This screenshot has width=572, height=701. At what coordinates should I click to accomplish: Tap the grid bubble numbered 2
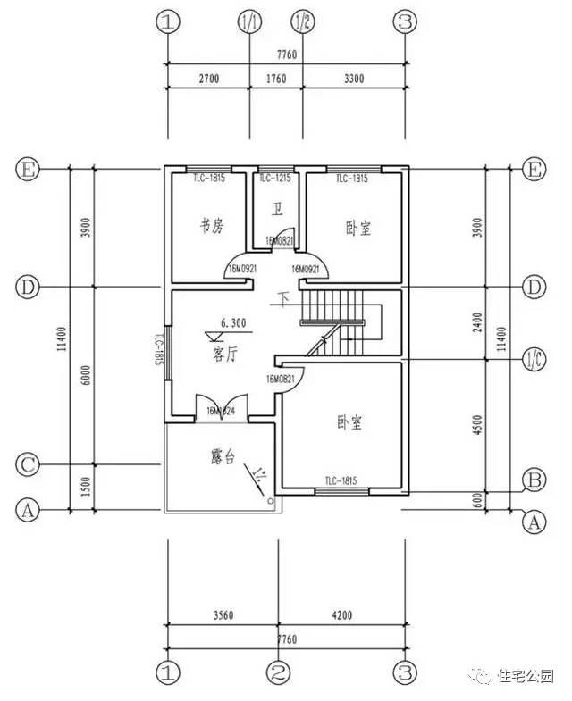(279, 671)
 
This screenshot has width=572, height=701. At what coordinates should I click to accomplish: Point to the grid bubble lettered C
(29, 465)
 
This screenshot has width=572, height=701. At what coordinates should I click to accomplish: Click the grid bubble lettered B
(534, 480)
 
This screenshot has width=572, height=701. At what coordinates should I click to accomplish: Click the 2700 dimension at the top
(207, 79)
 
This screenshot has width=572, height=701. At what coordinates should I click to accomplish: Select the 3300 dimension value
(354, 79)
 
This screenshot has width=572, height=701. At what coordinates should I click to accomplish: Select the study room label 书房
(212, 227)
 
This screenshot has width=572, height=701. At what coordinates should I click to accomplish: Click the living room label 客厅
(224, 355)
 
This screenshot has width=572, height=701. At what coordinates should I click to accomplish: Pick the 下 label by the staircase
(285, 297)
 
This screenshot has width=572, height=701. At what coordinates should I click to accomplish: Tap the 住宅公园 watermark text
(526, 676)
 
